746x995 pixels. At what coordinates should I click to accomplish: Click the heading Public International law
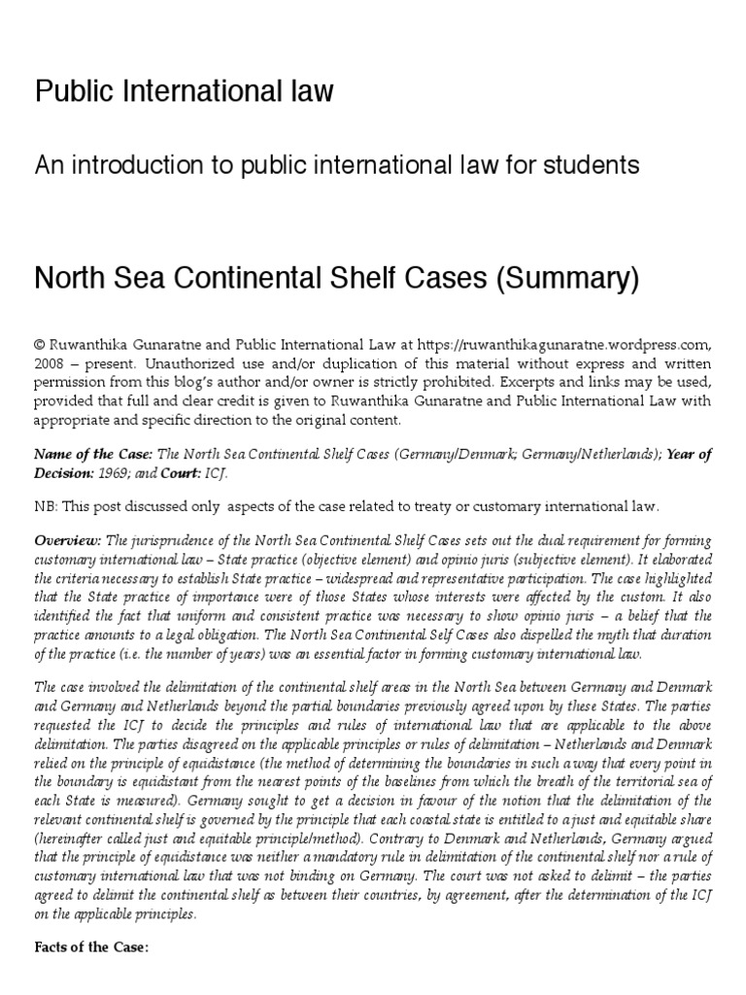tap(184, 91)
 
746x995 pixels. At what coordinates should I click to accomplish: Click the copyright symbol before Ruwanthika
tap(41, 343)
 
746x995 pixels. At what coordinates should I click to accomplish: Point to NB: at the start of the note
tap(47, 506)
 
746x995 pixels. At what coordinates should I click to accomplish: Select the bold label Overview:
tap(67, 540)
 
